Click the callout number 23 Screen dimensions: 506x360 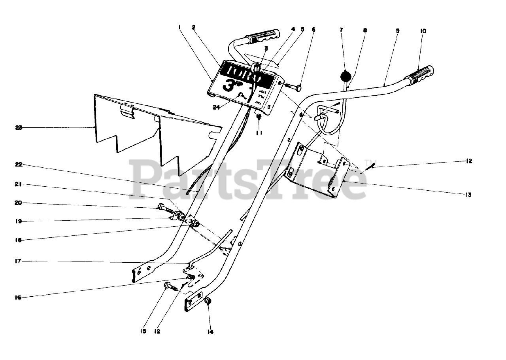[19, 127]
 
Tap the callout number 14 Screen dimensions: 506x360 [210, 332]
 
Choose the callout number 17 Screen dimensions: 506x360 [19, 261]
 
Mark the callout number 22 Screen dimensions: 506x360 [19, 164]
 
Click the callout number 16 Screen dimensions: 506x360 [19, 297]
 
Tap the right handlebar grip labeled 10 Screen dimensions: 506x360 [419, 74]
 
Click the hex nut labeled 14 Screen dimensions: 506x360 [209, 301]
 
